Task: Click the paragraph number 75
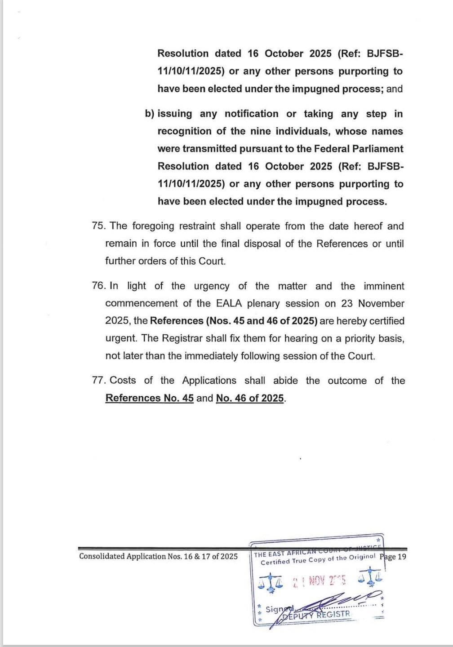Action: (x=98, y=226)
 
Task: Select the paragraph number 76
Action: (x=98, y=286)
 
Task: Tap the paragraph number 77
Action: (x=98, y=381)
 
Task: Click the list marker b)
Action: (x=150, y=114)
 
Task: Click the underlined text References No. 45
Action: (x=149, y=398)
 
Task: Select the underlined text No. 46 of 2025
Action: (x=250, y=398)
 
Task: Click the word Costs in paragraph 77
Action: (x=123, y=381)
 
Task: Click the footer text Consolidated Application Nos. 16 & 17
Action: (x=158, y=556)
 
